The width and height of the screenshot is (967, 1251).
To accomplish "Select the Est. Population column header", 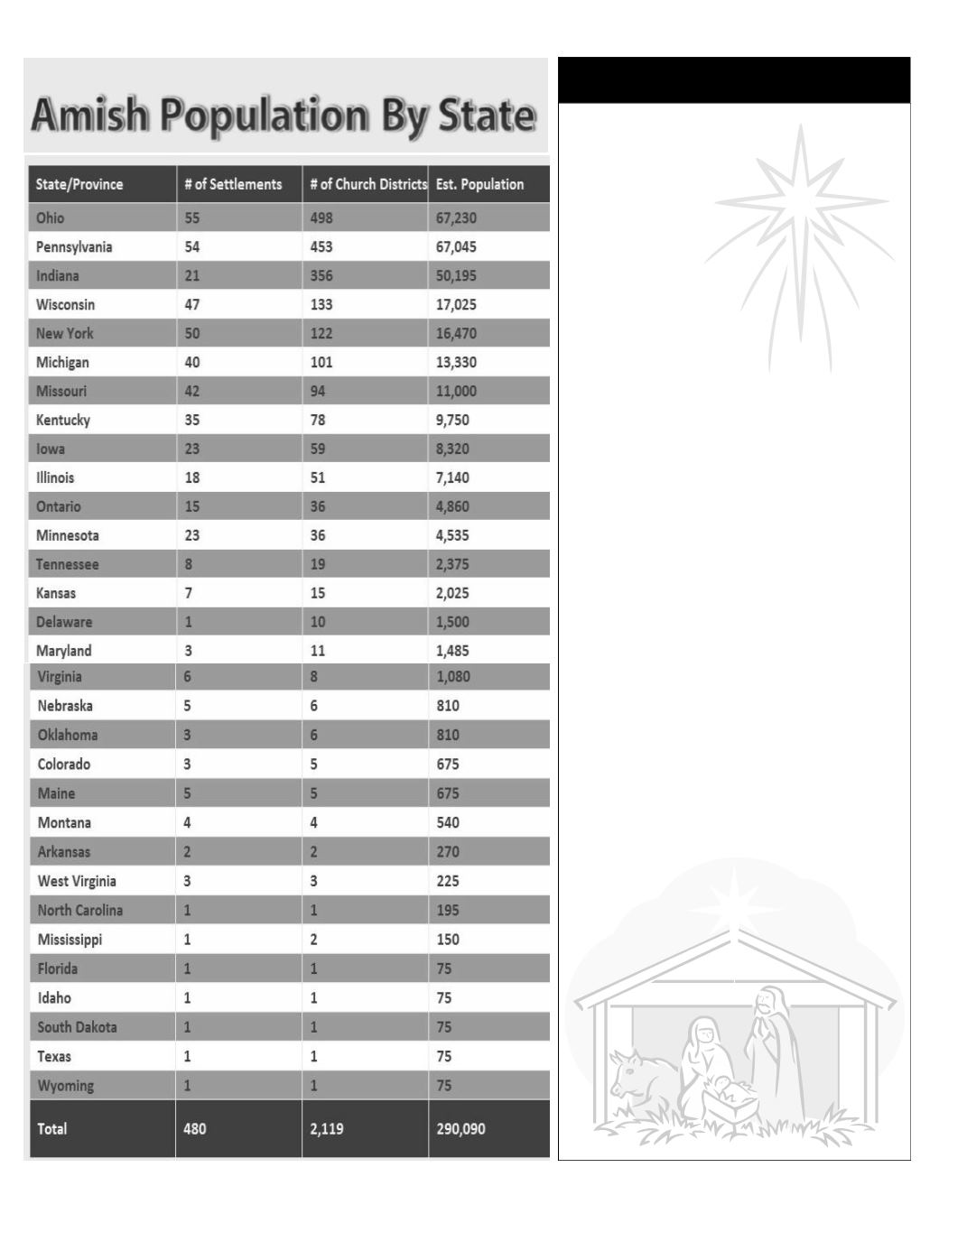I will tap(479, 184).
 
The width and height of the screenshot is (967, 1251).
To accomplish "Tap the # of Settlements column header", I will tap(233, 184).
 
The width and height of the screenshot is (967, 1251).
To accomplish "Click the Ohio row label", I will tap(51, 218).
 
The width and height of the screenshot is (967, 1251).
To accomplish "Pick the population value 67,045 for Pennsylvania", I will tap(456, 246).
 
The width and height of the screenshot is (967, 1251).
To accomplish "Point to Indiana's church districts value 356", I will tap(321, 275).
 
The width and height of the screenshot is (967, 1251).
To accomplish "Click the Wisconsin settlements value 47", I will tap(192, 304).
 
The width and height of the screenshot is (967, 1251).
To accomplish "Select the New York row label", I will tap(65, 333).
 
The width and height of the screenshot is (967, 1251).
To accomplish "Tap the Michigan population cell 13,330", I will tap(456, 362).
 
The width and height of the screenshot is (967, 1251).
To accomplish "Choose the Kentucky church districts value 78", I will tap(318, 420).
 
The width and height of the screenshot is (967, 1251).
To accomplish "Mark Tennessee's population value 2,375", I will tap(452, 564).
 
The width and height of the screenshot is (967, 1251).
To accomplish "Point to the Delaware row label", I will tap(64, 622).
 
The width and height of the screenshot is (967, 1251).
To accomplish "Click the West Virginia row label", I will tap(77, 881).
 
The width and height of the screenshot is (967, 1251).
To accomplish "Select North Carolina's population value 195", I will tap(448, 910).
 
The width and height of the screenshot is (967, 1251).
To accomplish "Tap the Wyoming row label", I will tap(65, 1085).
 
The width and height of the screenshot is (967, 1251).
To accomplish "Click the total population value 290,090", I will tap(460, 1128).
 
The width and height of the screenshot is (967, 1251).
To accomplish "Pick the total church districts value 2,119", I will tap(326, 1128).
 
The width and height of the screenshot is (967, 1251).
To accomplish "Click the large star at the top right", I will tap(800, 217).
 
